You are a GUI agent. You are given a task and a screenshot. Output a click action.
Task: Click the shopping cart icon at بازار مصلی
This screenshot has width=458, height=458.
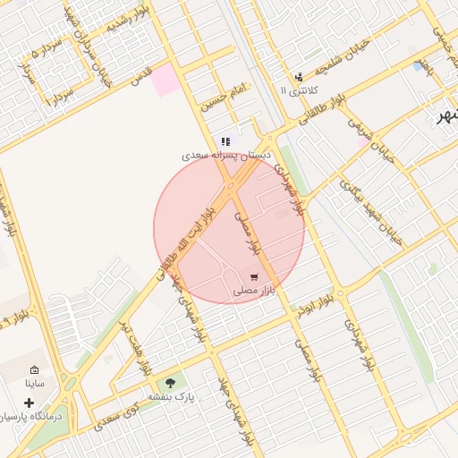coord(255,276)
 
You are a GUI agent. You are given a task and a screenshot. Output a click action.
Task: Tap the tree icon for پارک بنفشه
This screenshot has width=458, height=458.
coord(170,383)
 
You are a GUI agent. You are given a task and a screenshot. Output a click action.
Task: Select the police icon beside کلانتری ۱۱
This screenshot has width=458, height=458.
coord(298,76)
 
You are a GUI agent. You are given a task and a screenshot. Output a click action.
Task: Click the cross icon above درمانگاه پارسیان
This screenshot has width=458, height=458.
coord(30,403)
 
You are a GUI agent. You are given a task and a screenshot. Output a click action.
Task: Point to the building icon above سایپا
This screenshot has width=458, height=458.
coord(35,370)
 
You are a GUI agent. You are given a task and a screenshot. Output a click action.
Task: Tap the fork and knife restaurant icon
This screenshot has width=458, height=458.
coord(226,141)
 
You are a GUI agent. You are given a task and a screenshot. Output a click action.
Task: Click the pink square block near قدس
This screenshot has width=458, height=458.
coord(165,81)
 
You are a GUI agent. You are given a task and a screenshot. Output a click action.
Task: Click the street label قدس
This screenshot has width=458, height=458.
coord(142,76)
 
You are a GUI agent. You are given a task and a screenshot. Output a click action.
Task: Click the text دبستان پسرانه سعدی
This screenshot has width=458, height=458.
coord(226,155)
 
